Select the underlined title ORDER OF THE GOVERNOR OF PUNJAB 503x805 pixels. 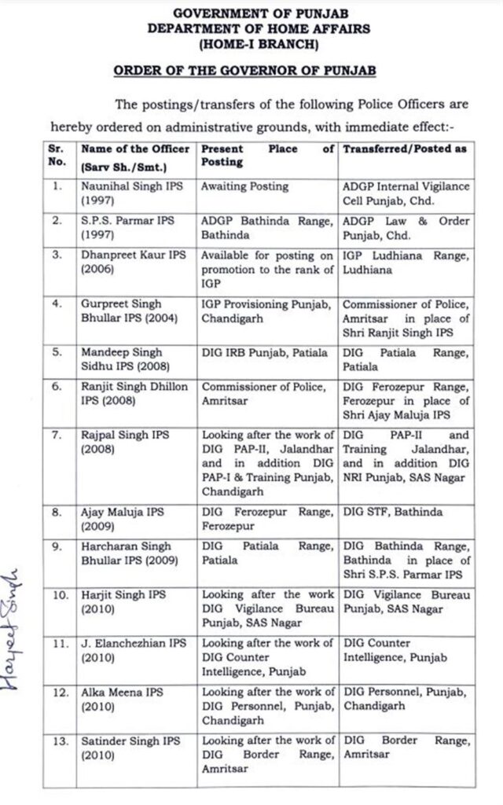pos(245,70)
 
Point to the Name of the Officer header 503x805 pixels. pos(135,149)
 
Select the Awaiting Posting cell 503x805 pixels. pos(244,187)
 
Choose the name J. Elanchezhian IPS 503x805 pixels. pos(133,643)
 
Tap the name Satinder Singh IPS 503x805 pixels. pos(130,741)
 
